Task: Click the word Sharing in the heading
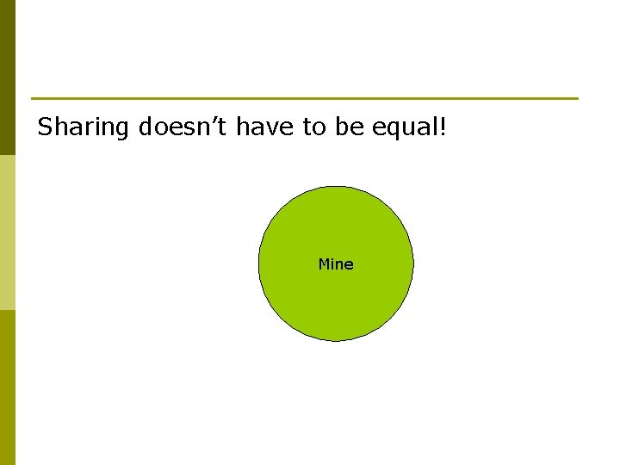coord(84,128)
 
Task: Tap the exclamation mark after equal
coord(442,127)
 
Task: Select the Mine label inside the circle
coord(336,264)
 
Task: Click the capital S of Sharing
coord(46,127)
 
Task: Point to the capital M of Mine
coord(324,264)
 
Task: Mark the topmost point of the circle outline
coord(336,186)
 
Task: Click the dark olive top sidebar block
coord(8,77)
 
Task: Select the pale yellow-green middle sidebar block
coord(8,232)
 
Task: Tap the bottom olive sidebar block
coord(8,387)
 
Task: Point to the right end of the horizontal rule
coord(577,98)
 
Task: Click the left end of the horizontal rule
coord(33,98)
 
